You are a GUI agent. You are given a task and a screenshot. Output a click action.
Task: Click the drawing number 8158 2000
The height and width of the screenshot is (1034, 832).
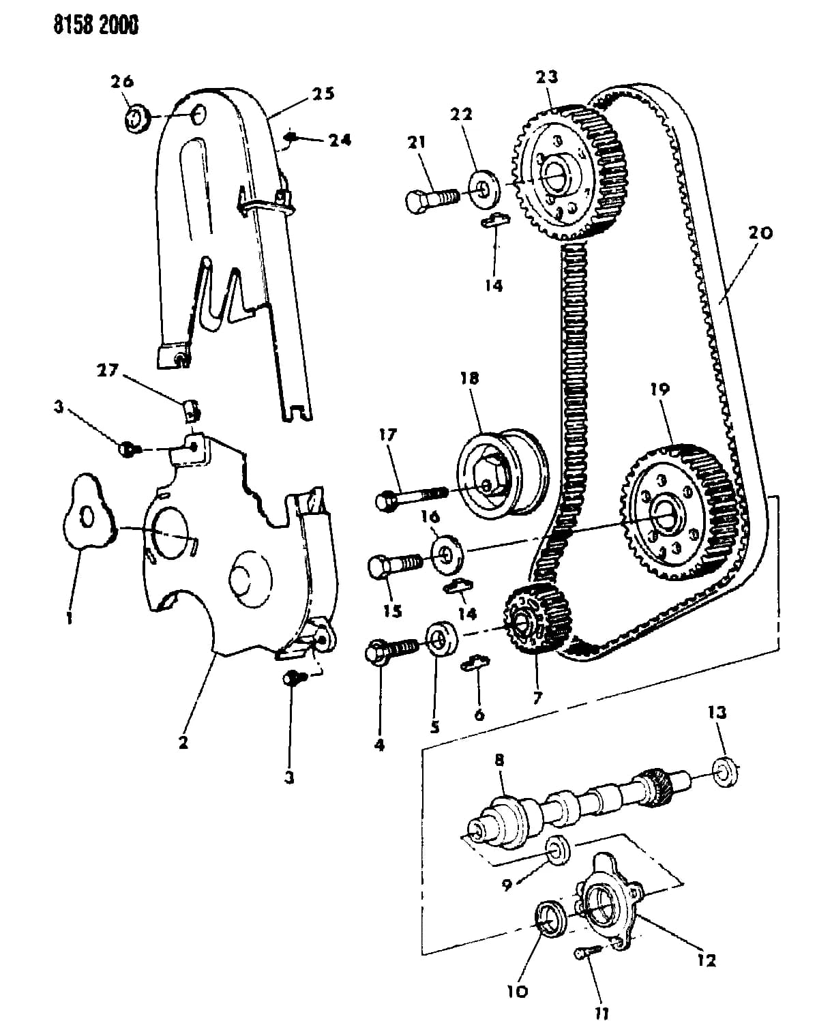point(95,24)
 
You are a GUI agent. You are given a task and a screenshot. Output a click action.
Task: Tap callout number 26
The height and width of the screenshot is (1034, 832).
point(122,82)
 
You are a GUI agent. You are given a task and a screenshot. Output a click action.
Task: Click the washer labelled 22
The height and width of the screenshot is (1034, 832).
point(484,188)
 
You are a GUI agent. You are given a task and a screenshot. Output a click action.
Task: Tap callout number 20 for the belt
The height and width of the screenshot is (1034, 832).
point(760,233)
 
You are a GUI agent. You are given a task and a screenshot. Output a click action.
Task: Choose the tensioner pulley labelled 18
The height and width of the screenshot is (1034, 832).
point(503,474)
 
